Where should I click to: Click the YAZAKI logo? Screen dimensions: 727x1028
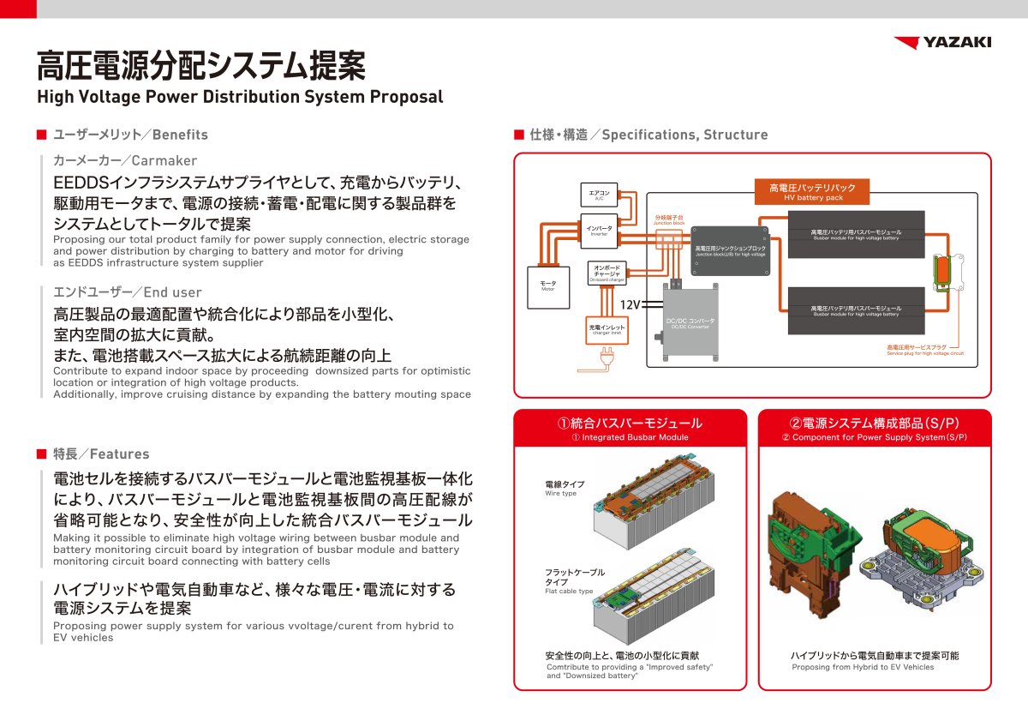pyautogui.click(x=942, y=43)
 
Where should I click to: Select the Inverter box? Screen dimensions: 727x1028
pyautogui.click(x=600, y=231)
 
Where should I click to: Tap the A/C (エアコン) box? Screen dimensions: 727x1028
pyautogui.click(x=600, y=195)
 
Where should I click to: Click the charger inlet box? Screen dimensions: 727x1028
pyautogui.click(x=607, y=329)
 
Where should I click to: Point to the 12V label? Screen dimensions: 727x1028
pyautogui.click(x=630, y=305)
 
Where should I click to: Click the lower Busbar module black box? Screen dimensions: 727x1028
pyautogui.click(x=856, y=310)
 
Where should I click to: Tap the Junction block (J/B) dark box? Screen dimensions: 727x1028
pyautogui.click(x=730, y=250)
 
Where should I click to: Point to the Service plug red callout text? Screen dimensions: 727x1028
pyautogui.click(x=924, y=350)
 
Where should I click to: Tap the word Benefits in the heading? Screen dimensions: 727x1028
pyautogui.click(x=180, y=135)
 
